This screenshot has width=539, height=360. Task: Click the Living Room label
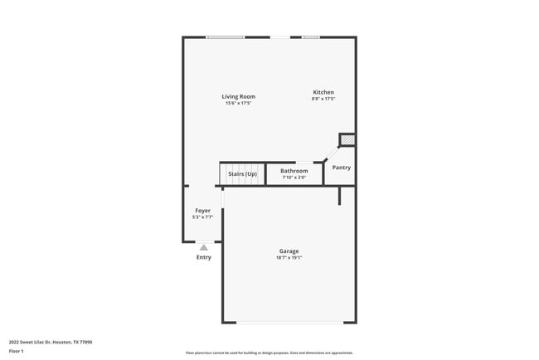(238, 96)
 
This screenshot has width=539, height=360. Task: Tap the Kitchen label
(323, 92)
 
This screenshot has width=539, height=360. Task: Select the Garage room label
(289, 251)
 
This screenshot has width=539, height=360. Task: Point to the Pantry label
(341, 168)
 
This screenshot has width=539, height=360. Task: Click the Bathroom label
(294, 171)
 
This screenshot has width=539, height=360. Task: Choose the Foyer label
(202, 211)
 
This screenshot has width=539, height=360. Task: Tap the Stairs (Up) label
(243, 174)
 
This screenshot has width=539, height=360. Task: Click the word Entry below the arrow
(203, 257)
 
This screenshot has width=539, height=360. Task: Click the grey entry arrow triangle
(203, 247)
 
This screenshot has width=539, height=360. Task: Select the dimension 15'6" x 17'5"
(238, 103)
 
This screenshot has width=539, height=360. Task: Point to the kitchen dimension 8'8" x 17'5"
(323, 99)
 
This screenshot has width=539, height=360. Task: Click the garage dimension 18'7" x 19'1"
(289, 257)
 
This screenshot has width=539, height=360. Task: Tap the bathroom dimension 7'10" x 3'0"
(294, 177)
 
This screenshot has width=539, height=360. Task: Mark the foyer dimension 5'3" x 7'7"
(202, 217)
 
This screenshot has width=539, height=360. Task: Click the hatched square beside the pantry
(347, 140)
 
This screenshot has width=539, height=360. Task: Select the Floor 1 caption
(17, 351)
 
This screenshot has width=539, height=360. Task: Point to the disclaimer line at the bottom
(269, 353)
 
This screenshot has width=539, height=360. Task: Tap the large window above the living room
(225, 37)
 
